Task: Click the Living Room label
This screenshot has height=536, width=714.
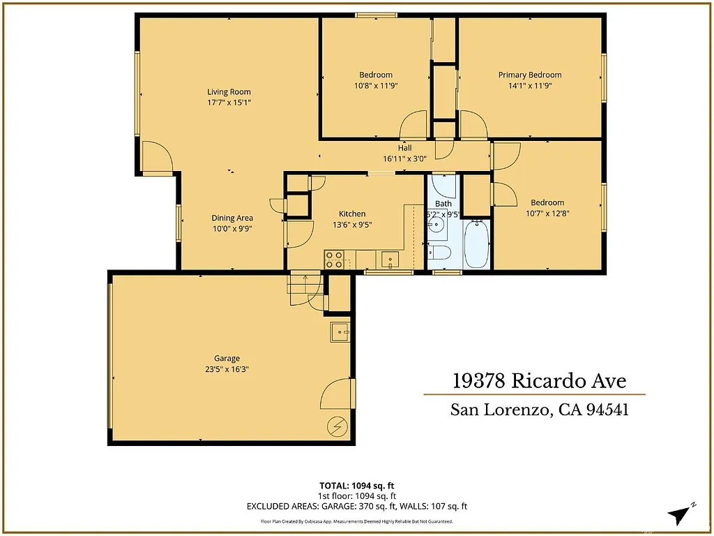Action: [x=229, y=91]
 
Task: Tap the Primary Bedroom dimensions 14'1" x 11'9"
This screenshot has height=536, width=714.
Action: [x=529, y=86]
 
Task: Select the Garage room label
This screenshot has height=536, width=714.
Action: [x=227, y=358]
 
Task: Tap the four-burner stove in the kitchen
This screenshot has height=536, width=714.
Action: [x=334, y=260]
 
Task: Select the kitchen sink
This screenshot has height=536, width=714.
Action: [x=388, y=260]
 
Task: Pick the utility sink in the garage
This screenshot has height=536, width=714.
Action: [x=340, y=332]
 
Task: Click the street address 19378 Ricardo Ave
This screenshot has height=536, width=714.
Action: [x=539, y=381]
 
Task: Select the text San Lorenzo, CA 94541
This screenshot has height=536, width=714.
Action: [x=539, y=410]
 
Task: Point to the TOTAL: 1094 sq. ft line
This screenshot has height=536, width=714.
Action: [x=356, y=485]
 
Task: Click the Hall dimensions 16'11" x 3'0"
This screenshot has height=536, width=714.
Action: [x=405, y=158]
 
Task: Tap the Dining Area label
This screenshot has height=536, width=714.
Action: [x=232, y=218]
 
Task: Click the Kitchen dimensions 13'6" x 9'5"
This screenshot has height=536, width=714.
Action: [x=352, y=225]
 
